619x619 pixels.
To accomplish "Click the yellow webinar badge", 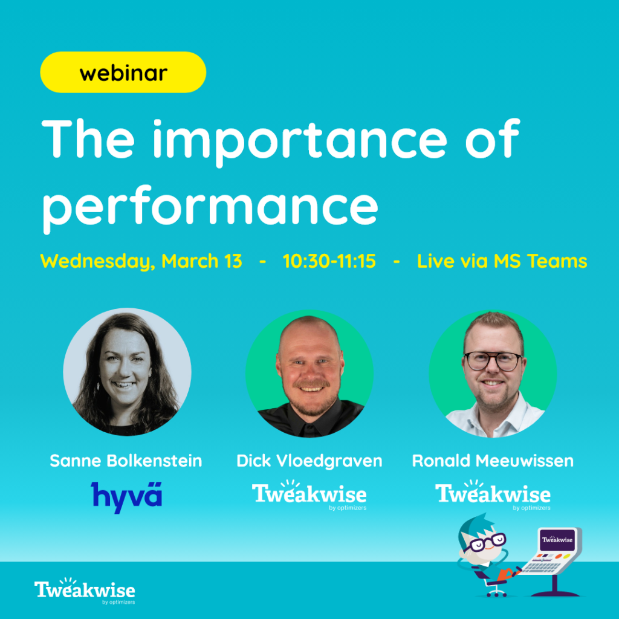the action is pyautogui.click(x=123, y=73).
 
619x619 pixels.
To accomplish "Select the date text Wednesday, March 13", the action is pyautogui.click(x=141, y=261).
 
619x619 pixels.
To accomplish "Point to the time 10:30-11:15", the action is pyautogui.click(x=329, y=261).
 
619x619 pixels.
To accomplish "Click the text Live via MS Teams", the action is pyautogui.click(x=502, y=261).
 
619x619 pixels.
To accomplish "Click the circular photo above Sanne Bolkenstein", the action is pyautogui.click(x=127, y=372).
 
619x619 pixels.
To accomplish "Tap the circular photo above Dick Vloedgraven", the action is pyautogui.click(x=309, y=374).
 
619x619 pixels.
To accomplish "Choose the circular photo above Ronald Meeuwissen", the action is pyautogui.click(x=493, y=374).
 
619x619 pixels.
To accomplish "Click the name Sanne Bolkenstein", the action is pyautogui.click(x=126, y=461).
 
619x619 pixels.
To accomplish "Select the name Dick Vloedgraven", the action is pyautogui.click(x=309, y=461).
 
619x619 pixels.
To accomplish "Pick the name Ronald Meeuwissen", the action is pyautogui.click(x=493, y=461).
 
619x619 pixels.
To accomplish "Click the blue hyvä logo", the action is pyautogui.click(x=127, y=497).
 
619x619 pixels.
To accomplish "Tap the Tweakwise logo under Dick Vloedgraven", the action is pyautogui.click(x=309, y=495).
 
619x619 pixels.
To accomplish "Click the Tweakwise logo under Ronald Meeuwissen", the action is pyautogui.click(x=493, y=495).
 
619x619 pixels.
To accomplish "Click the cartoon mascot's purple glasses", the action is pyautogui.click(x=485, y=542).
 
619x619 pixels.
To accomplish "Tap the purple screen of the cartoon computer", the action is pyautogui.click(x=557, y=540).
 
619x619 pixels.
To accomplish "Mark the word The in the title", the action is pyautogui.click(x=88, y=139).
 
